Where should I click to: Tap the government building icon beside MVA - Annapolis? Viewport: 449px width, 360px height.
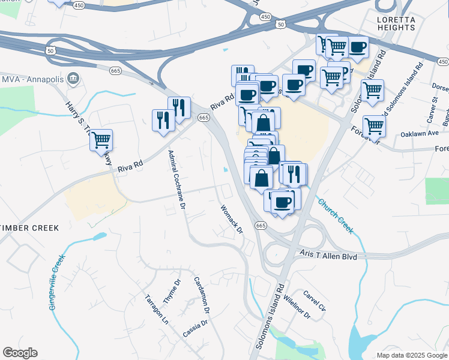tap(73, 78)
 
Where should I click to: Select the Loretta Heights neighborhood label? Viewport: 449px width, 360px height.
tap(396, 23)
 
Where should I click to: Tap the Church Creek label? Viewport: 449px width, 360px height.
tap(336, 215)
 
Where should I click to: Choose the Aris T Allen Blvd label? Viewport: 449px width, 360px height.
tap(329, 256)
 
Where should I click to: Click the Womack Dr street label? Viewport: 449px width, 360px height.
tap(231, 220)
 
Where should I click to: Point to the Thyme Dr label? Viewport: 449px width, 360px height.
tap(172, 290)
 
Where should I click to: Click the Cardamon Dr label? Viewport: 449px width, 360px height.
tap(201, 296)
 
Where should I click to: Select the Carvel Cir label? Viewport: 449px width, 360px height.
tap(314, 301)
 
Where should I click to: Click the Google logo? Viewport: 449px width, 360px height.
tap(20, 353)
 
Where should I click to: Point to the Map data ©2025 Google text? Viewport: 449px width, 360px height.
tap(411, 355)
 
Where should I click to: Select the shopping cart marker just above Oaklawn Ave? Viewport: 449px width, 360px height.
tap(374, 126)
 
